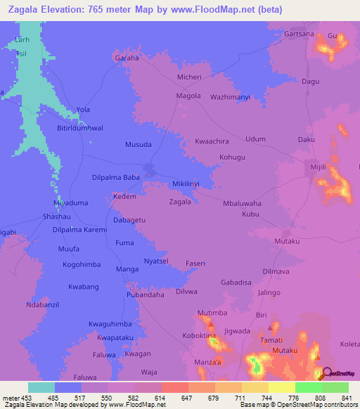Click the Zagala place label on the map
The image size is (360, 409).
180,202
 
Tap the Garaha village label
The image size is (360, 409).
127,58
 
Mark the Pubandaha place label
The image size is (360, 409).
145,296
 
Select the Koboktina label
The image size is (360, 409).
202,337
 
